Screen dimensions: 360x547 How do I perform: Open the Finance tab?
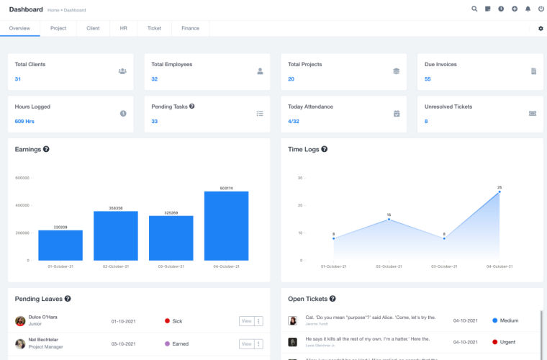[x=190, y=28]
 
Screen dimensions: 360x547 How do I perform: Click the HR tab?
[x=123, y=28]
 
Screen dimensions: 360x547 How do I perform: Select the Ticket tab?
[x=154, y=28]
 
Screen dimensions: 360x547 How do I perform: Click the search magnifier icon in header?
[x=474, y=9]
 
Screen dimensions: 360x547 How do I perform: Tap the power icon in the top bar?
[x=540, y=9]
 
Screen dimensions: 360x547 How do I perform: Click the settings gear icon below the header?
[x=541, y=28]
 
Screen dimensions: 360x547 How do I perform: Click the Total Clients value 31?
[x=18, y=79]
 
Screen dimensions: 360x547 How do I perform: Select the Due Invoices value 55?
[x=428, y=79]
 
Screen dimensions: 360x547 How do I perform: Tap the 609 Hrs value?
[x=24, y=122]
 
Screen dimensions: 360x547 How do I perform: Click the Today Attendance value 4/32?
[x=294, y=122]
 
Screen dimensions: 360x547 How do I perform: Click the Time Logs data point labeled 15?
[x=389, y=219]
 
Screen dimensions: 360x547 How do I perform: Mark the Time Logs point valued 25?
[x=499, y=192]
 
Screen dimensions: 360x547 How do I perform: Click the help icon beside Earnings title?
[x=46, y=149]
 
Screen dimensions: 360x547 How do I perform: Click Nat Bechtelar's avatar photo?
[x=20, y=343]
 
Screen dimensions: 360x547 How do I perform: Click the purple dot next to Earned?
[x=167, y=344]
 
